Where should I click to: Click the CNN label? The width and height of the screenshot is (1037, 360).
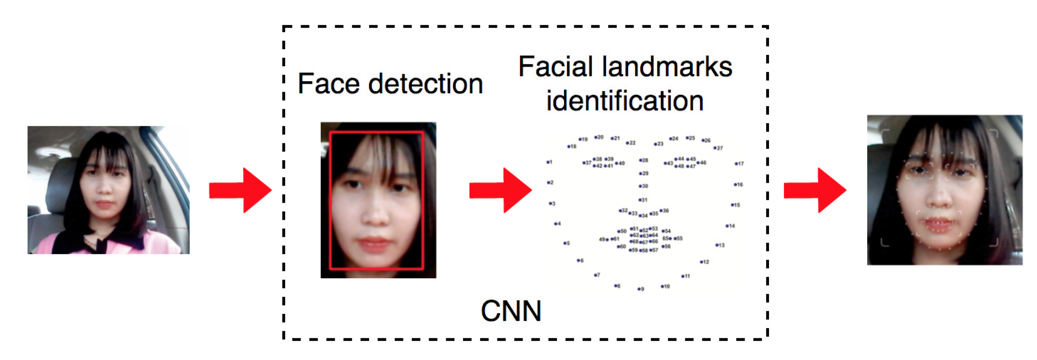[511, 311]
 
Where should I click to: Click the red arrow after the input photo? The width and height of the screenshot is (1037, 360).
[240, 190]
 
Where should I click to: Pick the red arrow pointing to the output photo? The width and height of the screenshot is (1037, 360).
[815, 190]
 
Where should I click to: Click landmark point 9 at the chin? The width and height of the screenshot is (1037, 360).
[639, 289]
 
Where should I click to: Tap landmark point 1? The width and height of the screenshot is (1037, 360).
[548, 162]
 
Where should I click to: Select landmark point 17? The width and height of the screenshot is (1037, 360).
[736, 164]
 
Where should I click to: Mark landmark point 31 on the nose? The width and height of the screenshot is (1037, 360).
[639, 200]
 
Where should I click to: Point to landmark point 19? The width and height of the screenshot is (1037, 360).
[580, 139]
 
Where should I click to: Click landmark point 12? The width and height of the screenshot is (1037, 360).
[701, 262]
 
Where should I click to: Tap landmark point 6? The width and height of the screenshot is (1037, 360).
[578, 260]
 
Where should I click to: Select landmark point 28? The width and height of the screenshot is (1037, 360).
[640, 160]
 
